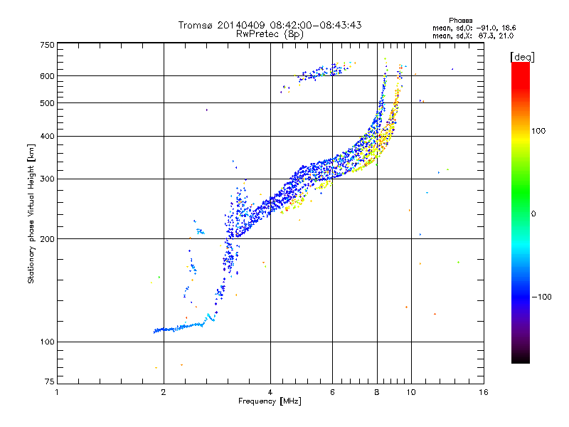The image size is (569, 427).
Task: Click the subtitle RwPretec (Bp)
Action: (270, 33)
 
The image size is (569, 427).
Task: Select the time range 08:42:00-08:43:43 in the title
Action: (304, 25)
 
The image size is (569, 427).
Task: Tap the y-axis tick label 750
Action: (47, 45)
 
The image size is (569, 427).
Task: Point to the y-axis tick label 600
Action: (47, 76)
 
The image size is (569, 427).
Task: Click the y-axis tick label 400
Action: (47, 136)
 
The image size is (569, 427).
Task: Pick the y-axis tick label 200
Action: (47, 238)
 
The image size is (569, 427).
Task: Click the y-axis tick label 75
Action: (49, 381)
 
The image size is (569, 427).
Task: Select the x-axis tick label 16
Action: (483, 392)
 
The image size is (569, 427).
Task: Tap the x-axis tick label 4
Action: (270, 392)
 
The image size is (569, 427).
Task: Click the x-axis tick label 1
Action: (57, 392)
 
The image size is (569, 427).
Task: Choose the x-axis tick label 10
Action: (410, 392)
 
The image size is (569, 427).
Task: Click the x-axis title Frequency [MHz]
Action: (270, 401)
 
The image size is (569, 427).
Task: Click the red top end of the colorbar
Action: (521, 65)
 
